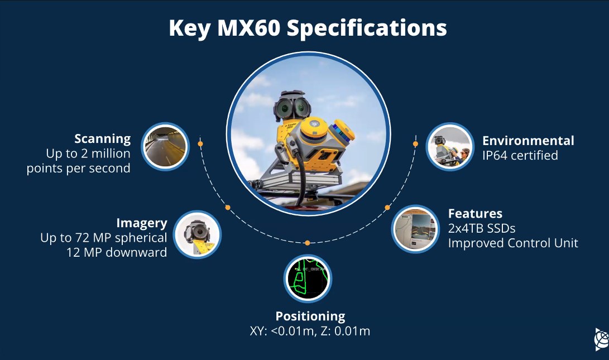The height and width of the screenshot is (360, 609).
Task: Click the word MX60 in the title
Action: click(248, 28)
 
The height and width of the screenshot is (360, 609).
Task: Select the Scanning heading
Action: click(103, 138)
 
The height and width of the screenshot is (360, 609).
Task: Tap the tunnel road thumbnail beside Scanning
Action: click(165, 147)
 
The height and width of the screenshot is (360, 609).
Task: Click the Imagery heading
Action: click(142, 223)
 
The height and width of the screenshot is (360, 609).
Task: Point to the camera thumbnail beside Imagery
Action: click(197, 234)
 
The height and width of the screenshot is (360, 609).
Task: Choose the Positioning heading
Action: click(310, 316)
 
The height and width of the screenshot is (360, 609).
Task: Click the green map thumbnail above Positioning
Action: click(308, 279)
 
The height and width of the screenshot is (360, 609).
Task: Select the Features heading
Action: click(475, 213)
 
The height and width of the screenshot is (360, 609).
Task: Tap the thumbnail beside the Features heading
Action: click(415, 229)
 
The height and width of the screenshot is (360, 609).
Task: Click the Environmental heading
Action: click(528, 141)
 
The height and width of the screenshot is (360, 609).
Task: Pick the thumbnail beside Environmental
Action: click(450, 147)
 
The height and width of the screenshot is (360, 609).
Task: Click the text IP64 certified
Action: click(520, 155)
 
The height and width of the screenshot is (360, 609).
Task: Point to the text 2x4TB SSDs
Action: click(482, 228)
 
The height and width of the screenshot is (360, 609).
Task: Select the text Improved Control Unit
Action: click(513, 243)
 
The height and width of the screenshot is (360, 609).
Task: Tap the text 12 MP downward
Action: click(117, 252)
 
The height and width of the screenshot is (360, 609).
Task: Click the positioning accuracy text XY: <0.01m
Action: click(282, 332)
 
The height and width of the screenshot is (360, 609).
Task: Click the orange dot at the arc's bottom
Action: click(307, 243)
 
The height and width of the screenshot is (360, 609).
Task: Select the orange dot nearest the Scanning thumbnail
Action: click(200, 143)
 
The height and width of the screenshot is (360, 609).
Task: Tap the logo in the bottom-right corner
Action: click(602, 339)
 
